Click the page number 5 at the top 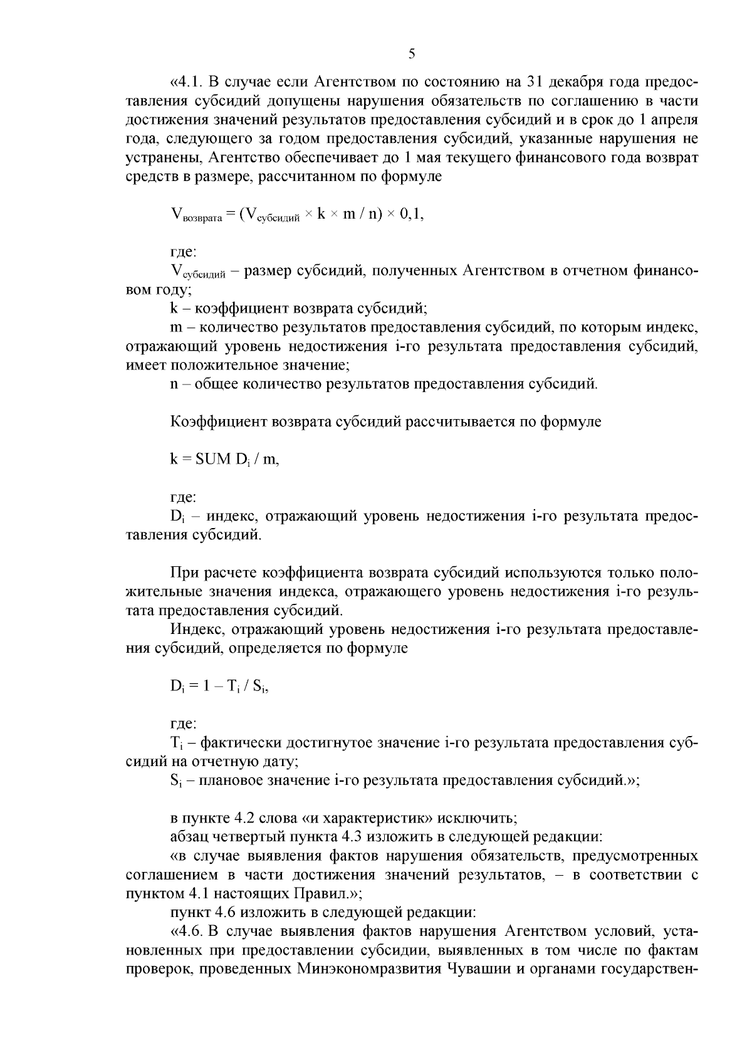tap(412, 54)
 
